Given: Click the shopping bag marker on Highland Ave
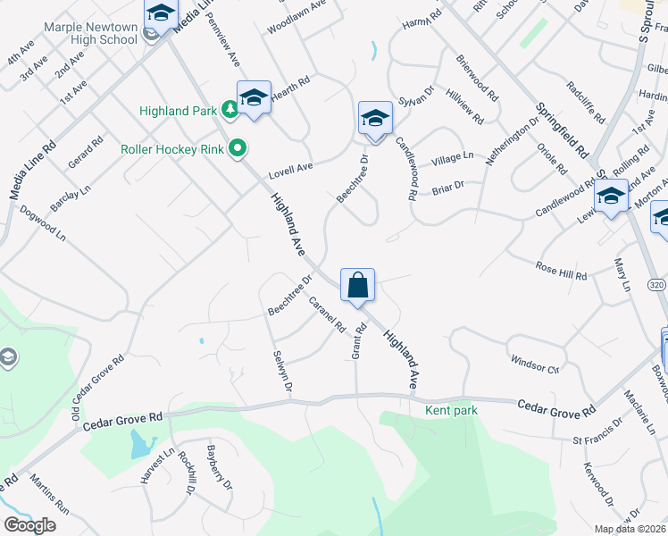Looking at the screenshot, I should click(357, 287).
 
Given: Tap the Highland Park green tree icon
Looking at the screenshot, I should click(230, 110).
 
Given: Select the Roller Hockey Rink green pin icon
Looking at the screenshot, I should click(238, 148).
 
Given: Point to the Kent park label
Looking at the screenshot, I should click(452, 410).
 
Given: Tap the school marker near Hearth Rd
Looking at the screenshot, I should click(254, 98).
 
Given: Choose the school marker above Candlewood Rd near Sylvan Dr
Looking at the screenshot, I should click(375, 119).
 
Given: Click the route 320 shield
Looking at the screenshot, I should click(656, 284).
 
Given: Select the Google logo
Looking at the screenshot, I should click(29, 524).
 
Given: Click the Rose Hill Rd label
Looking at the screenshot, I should click(561, 271).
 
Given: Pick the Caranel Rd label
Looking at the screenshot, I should click(326, 314).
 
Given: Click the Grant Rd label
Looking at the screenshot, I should click(359, 341).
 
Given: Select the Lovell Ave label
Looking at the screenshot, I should click(291, 167).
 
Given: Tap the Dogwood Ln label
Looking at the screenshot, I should click(43, 223).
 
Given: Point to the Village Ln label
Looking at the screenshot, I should click(452, 158).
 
